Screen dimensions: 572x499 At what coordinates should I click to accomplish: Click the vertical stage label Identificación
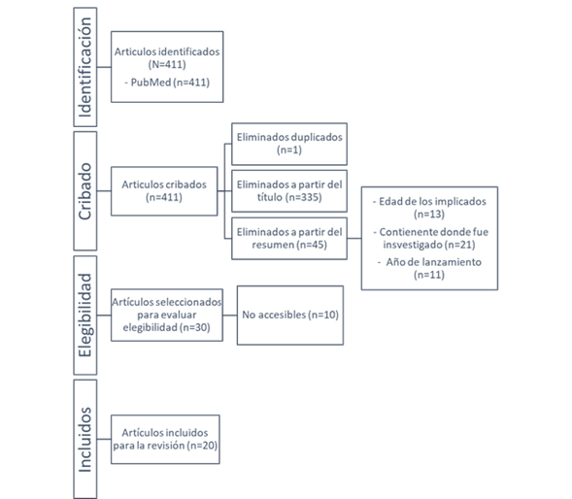(x=85, y=67)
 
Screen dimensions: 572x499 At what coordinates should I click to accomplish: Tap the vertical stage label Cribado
(x=85, y=191)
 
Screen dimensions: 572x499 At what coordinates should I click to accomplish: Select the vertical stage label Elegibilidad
(x=85, y=316)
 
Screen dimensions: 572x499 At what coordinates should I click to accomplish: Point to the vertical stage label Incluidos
(x=85, y=440)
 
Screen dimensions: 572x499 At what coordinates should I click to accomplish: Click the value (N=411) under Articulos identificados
(x=167, y=65)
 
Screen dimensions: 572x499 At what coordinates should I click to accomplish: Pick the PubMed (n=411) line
(x=167, y=83)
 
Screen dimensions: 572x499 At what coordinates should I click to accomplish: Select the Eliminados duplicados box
(x=289, y=144)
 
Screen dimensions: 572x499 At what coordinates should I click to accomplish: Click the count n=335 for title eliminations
(x=305, y=197)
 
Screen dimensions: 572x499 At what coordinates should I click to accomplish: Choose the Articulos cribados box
(x=164, y=191)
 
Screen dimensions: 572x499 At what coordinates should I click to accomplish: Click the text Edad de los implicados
(x=432, y=201)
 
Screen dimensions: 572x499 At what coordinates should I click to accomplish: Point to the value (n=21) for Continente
(x=460, y=245)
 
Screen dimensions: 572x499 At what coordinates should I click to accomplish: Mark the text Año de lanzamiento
(x=434, y=262)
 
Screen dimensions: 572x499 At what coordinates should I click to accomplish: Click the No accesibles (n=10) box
(x=290, y=316)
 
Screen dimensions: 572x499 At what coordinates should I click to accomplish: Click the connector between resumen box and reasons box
(x=354, y=238)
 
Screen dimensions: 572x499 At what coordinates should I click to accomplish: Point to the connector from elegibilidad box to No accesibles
(x=230, y=316)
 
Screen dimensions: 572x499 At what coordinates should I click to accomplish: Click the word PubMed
(x=151, y=83)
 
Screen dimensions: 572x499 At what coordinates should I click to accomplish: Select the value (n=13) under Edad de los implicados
(x=429, y=215)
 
